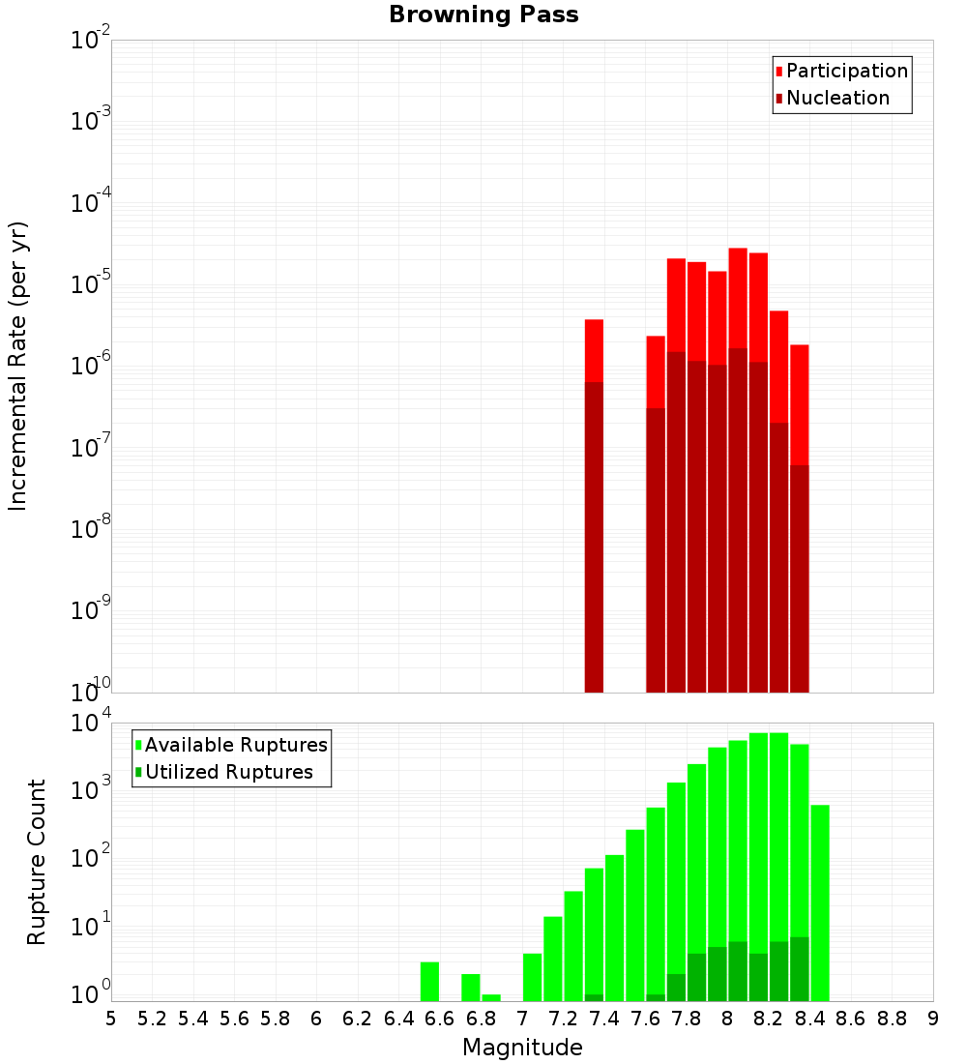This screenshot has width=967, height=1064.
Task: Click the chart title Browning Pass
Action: (x=483, y=15)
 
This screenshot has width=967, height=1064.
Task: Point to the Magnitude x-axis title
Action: (x=522, y=1048)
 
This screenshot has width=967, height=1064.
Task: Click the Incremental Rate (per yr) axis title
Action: (x=18, y=367)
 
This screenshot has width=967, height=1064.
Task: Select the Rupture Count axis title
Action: (x=37, y=862)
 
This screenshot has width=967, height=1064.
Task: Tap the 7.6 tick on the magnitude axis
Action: (x=645, y=1019)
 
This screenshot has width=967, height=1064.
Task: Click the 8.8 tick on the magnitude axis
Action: (x=892, y=1019)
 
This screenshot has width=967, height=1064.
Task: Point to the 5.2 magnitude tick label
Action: (x=152, y=1019)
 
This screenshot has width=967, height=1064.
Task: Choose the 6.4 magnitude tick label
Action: (x=398, y=1019)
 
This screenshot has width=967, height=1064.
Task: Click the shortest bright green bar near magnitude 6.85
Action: (x=491, y=997)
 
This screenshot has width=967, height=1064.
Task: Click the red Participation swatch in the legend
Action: (x=778, y=72)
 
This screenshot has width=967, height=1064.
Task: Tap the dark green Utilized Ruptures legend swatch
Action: (x=138, y=773)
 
